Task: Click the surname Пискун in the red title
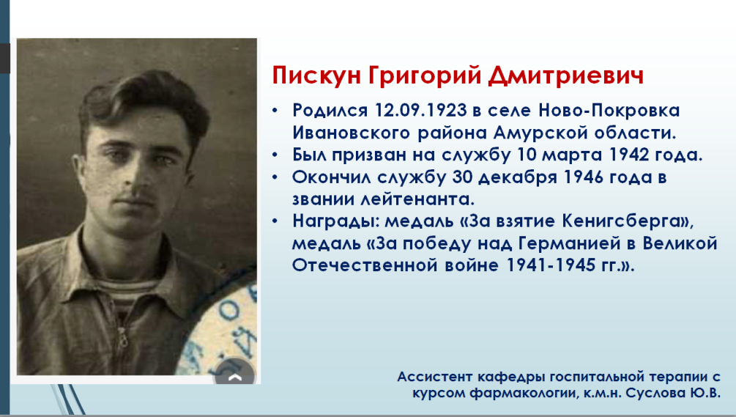(316, 76)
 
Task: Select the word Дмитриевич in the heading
(566, 76)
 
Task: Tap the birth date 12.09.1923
(420, 111)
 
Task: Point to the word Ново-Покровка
(609, 111)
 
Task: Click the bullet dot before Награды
(275, 221)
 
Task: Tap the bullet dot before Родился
(275, 111)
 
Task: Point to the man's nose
(136, 181)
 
